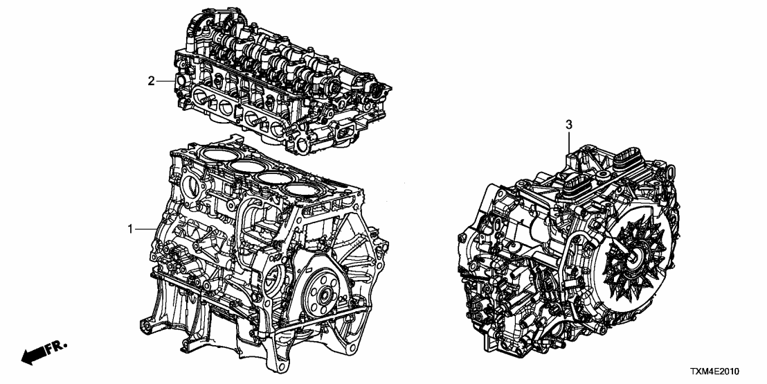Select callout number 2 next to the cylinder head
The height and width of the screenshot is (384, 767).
tap(151, 81)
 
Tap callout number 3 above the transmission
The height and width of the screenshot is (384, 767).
tap(569, 125)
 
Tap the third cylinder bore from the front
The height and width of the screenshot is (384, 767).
tap(280, 179)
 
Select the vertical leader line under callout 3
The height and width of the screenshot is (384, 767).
tap(569, 142)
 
